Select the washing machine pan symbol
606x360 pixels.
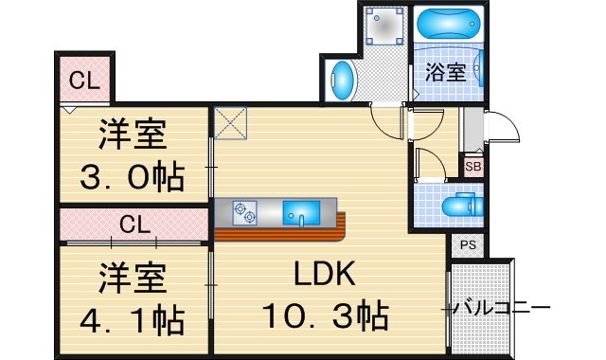[x=383, y=28]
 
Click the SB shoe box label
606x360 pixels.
[x=472, y=167]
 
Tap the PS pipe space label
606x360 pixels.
[x=467, y=245]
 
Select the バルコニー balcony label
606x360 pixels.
[x=501, y=308]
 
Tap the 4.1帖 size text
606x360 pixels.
[x=132, y=320]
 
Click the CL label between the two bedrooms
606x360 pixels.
[x=134, y=225]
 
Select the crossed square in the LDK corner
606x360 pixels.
[x=231, y=124]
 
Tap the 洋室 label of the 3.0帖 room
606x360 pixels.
[x=133, y=135]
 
